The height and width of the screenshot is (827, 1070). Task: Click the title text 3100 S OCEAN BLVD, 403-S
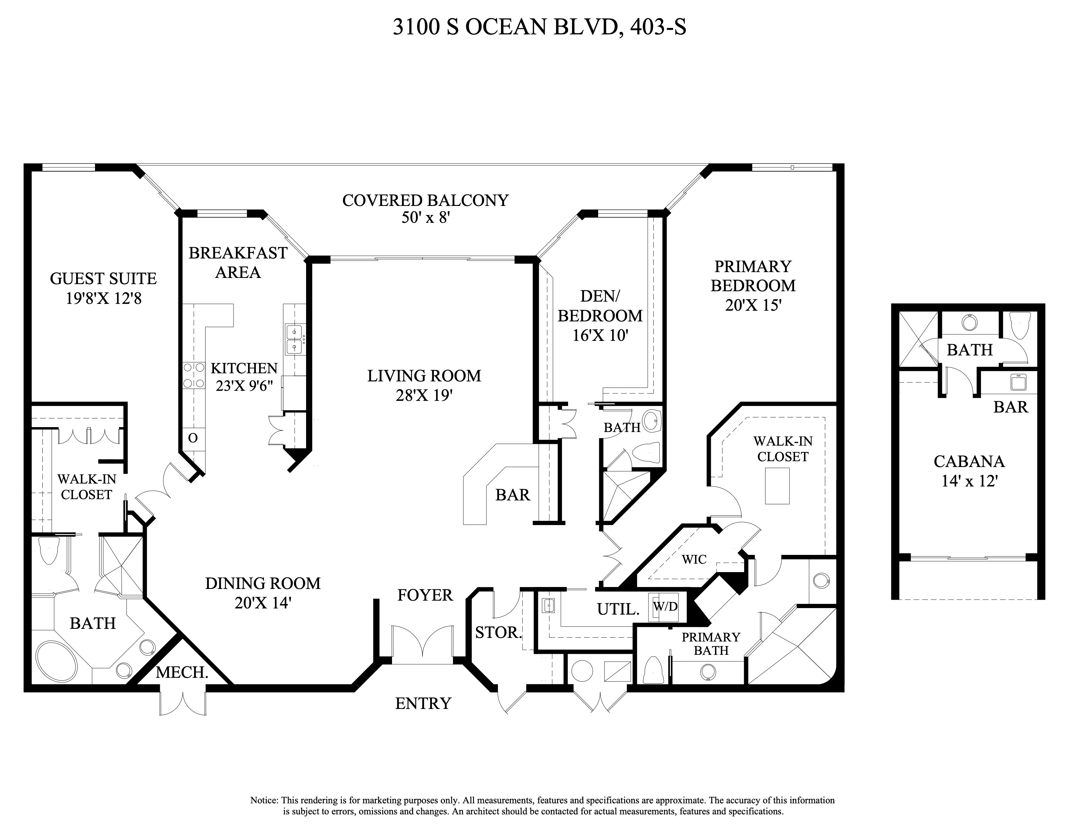tap(539, 28)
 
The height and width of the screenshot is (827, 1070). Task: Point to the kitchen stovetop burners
tap(194, 375)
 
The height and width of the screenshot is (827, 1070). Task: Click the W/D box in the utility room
tap(665, 606)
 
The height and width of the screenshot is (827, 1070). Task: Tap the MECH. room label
tap(182, 672)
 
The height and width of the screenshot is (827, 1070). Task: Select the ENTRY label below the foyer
tap(423, 703)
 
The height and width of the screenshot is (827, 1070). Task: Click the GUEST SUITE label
tap(103, 279)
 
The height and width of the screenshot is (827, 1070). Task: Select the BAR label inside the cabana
tap(1011, 407)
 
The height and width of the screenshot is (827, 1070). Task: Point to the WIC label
tap(694, 559)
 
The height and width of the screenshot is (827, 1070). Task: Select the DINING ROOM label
tap(263, 583)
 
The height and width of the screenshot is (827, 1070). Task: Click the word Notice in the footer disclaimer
tap(265, 800)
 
